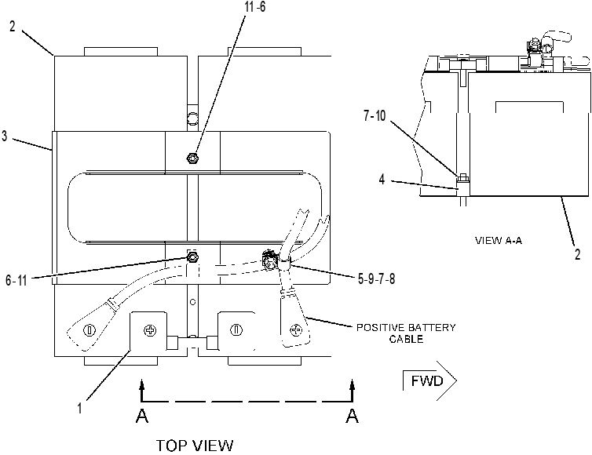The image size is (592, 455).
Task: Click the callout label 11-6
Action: tap(255, 6)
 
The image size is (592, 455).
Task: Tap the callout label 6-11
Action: tap(16, 280)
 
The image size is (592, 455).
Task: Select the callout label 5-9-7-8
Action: tap(376, 278)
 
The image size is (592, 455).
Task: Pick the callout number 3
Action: tap(5, 136)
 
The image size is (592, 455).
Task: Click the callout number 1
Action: tap(79, 408)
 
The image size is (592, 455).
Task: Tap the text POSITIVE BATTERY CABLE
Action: tap(406, 333)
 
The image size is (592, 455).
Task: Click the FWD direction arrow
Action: tap(430, 381)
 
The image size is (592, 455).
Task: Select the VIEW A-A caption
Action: tap(499, 240)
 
